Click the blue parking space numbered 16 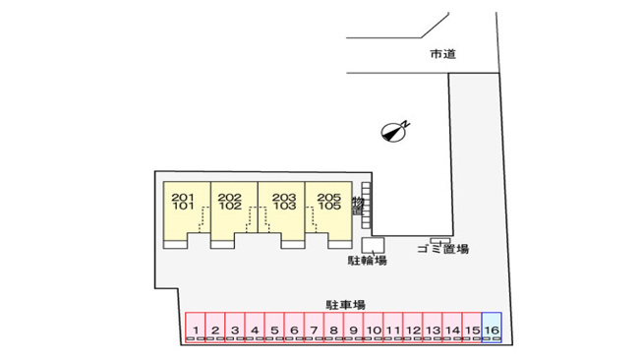(492, 327)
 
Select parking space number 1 (196, 327)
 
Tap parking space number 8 (334, 327)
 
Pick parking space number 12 (413, 327)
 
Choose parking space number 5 (274, 327)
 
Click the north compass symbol (393, 132)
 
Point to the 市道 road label (442, 54)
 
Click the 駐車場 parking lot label (345, 305)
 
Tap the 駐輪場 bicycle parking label (367, 261)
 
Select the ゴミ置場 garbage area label (443, 249)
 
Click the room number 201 (183, 197)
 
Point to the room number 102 (230, 206)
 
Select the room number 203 (284, 197)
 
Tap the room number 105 (329, 206)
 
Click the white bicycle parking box (373, 245)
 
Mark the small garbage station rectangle (439, 241)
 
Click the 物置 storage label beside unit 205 (358, 207)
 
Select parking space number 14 (452, 327)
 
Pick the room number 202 (229, 197)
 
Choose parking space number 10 (374, 327)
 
